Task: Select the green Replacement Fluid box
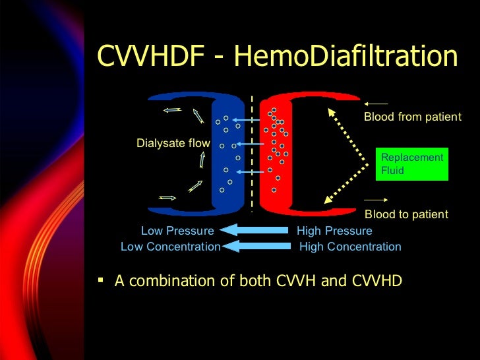pyautogui.click(x=411, y=164)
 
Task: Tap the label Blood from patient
pyautogui.click(x=412, y=117)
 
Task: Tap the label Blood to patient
pyautogui.click(x=405, y=214)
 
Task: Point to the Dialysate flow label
pyautogui.click(x=173, y=143)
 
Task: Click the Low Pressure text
pyautogui.click(x=177, y=231)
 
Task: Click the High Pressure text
pyautogui.click(x=334, y=231)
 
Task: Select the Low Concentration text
pyautogui.click(x=170, y=247)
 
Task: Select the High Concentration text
pyautogui.click(x=350, y=247)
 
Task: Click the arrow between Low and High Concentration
pyautogui.click(x=257, y=247)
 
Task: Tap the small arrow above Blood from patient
pyautogui.click(x=376, y=104)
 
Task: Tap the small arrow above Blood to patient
pyautogui.click(x=376, y=200)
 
